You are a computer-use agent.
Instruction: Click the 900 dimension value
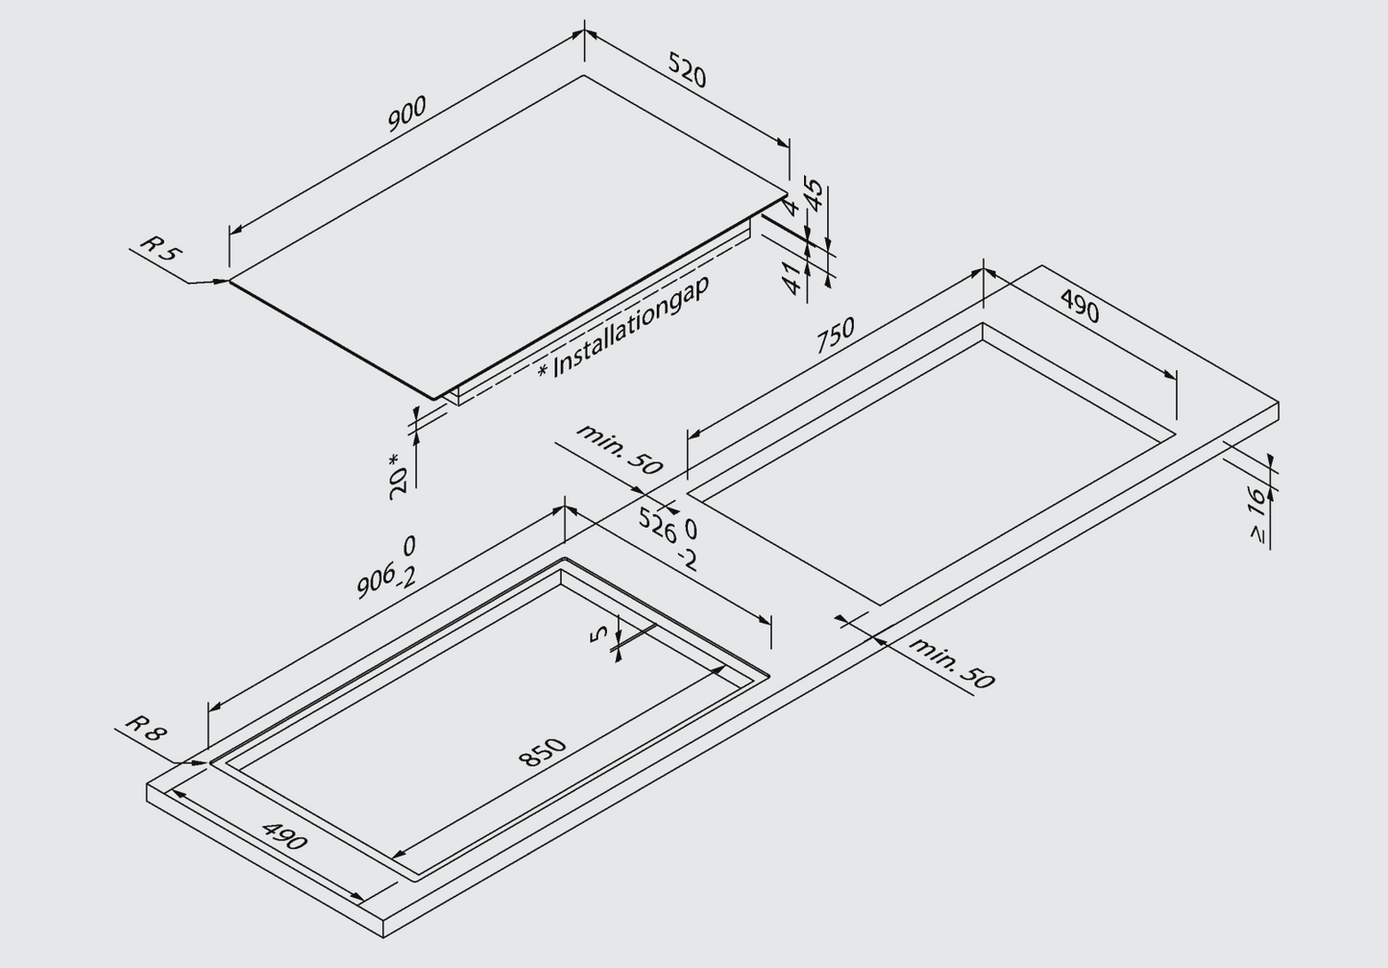tap(407, 114)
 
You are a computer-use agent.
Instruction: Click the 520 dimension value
tap(687, 70)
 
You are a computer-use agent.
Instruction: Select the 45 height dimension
tap(816, 195)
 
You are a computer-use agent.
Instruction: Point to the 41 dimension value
tap(791, 278)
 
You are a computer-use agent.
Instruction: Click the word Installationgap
tap(631, 327)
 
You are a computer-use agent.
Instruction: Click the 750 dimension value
tap(836, 335)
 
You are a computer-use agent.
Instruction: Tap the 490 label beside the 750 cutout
tap(1080, 307)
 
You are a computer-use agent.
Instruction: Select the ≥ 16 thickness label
tap(1258, 514)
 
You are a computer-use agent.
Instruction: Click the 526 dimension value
tap(657, 525)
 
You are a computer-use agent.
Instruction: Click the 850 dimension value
tap(542, 753)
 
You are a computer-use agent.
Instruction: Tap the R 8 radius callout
tap(146, 728)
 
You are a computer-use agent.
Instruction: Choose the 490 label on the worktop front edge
tap(284, 836)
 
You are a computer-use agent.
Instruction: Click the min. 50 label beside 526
tap(620, 450)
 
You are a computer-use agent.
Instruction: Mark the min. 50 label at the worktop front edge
tap(952, 663)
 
